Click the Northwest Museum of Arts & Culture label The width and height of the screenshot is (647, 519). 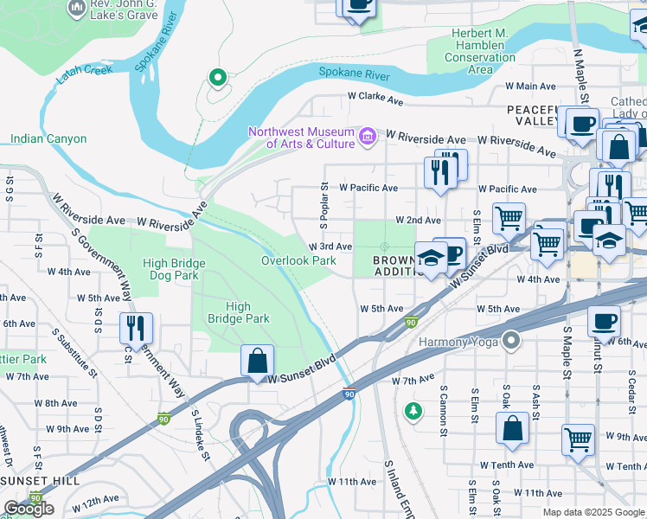(x=301, y=138)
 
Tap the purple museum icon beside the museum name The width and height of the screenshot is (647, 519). (x=367, y=135)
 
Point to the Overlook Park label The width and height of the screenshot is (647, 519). (x=298, y=260)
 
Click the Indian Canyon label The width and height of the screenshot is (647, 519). (x=48, y=138)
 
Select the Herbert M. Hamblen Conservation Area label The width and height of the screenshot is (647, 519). (x=468, y=51)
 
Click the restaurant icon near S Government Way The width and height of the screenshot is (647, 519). (x=137, y=328)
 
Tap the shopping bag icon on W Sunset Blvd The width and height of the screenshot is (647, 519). (x=258, y=361)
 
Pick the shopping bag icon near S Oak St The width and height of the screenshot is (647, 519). (x=513, y=428)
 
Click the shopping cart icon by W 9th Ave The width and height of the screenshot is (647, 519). (x=578, y=439)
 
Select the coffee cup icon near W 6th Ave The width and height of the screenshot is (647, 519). (x=604, y=322)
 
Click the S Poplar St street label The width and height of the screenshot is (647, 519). (x=323, y=205)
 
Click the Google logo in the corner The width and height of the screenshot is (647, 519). (x=29, y=509)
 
